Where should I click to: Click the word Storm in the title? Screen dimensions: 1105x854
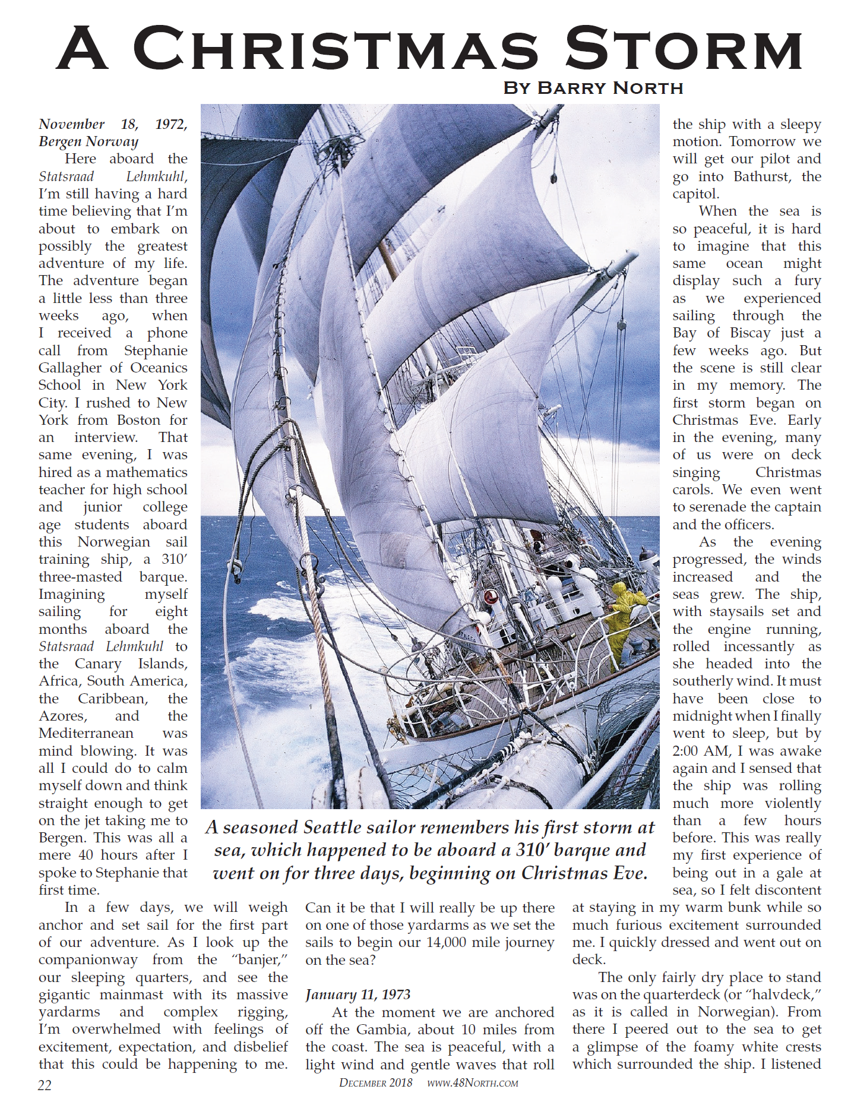pos(683,49)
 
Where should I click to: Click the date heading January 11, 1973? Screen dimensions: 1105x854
pos(358,994)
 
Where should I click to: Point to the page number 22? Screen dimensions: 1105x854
pos(45,1085)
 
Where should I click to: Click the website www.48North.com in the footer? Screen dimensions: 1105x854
pos(472,1083)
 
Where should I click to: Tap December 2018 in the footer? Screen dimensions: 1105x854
pos(375,1083)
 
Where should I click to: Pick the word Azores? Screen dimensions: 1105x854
pos(62,716)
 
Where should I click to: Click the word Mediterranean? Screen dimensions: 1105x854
pos(86,733)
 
